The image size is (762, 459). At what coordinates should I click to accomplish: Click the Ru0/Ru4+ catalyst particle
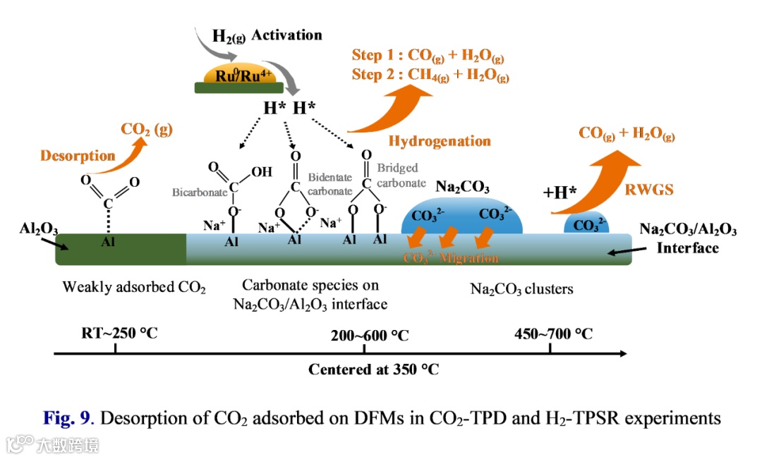coord(239,75)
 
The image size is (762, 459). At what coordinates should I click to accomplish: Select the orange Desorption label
coord(78,156)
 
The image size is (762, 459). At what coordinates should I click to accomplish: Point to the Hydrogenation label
coord(440,140)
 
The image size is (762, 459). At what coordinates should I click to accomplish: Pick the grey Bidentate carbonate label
coord(329,185)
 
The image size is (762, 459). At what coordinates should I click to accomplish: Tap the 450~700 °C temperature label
coord(553,333)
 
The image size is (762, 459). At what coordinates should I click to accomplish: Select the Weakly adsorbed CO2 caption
coord(134,287)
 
